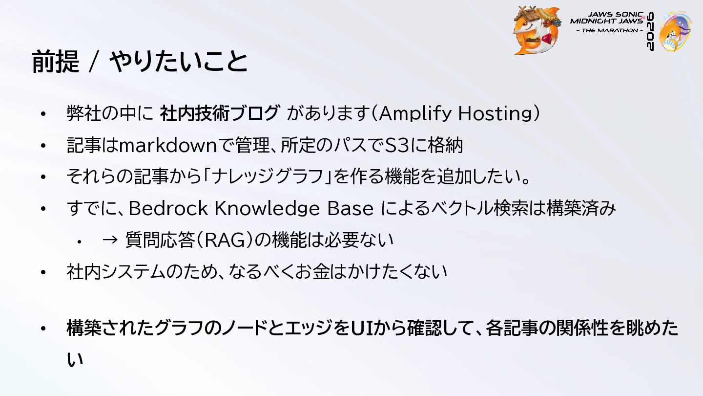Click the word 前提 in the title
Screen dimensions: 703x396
55,61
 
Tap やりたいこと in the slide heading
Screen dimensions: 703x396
179,61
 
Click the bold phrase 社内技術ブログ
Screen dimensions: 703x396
219,113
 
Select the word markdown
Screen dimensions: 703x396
168,146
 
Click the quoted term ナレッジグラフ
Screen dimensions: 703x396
267,177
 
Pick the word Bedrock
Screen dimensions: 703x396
168,208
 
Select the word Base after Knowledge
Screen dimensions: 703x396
350,209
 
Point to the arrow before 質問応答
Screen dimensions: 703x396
110,240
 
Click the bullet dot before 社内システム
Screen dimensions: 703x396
43,272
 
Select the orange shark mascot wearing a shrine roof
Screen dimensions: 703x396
537,30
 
